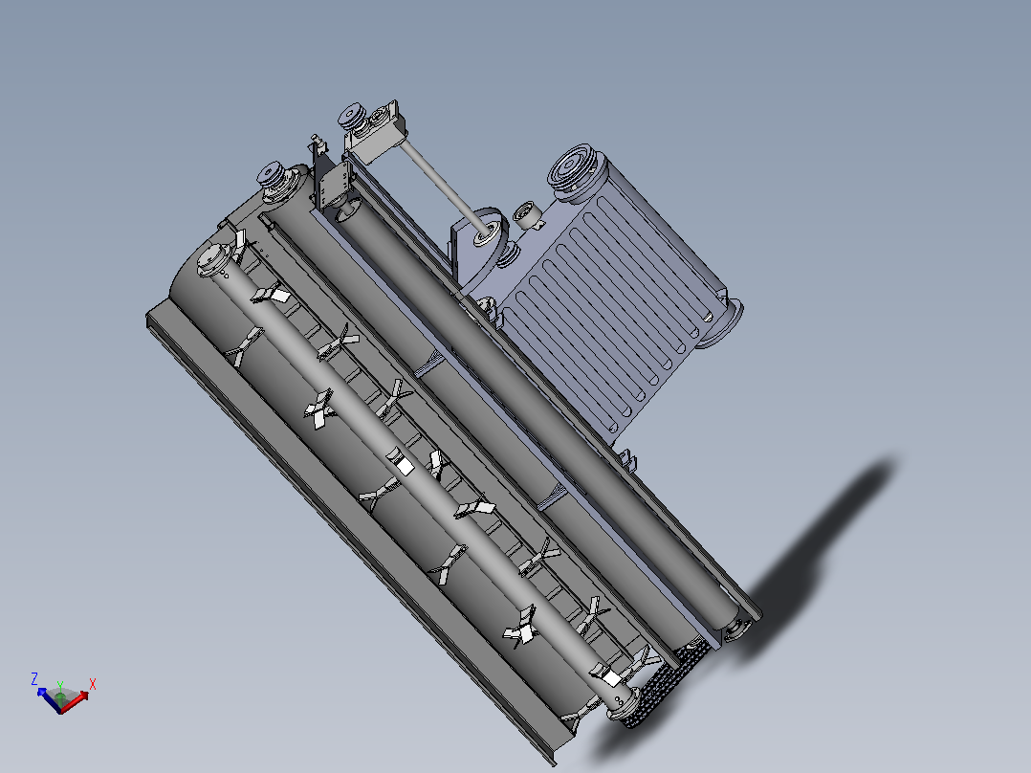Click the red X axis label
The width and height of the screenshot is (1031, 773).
click(93, 684)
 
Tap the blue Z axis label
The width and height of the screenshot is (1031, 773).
click(34, 679)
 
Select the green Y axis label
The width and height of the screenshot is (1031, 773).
click(60, 686)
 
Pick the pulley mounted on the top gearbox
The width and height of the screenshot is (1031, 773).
click(353, 116)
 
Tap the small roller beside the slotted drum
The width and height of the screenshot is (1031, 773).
click(527, 214)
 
